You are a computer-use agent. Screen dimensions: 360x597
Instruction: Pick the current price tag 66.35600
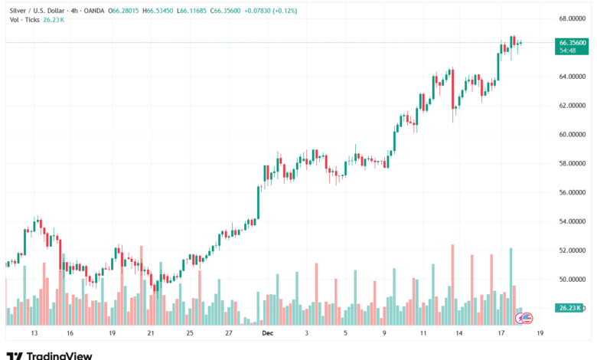573,43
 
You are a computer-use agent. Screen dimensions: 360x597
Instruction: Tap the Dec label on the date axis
267,334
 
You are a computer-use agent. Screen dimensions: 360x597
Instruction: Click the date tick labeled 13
34,334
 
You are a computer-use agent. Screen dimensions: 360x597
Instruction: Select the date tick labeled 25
189,334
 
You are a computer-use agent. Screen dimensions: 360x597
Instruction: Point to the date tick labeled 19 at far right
540,334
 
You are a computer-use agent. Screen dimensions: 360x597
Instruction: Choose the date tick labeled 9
384,334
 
